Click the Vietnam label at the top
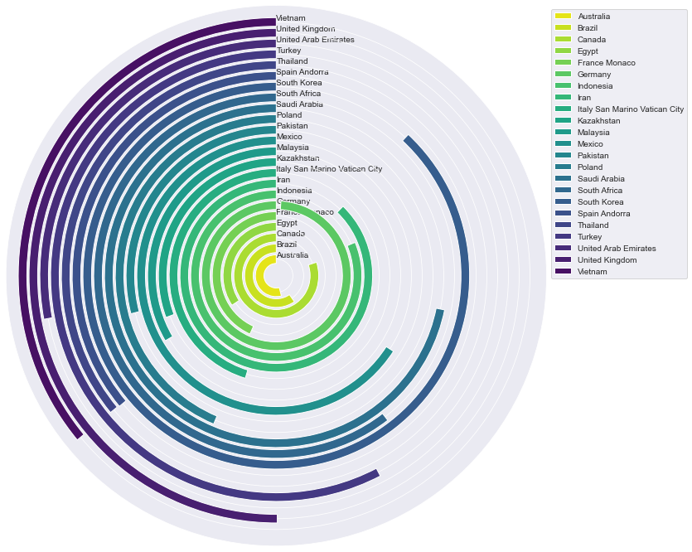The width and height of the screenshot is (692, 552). click(290, 18)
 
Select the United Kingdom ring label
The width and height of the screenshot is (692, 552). click(306, 29)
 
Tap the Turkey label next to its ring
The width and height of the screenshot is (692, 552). click(289, 51)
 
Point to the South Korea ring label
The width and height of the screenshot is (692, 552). click(298, 83)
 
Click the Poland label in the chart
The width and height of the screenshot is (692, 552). click(289, 115)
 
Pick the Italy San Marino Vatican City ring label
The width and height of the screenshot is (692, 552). click(329, 169)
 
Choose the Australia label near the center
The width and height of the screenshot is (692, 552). click(292, 255)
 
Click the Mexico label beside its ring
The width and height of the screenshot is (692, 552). click(289, 137)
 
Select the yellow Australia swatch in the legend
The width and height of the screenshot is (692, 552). click(563, 16)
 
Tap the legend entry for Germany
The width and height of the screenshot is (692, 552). click(594, 74)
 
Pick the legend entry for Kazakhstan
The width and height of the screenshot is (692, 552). click(598, 120)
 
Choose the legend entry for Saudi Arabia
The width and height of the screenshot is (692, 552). click(601, 178)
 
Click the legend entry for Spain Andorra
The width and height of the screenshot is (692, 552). click(603, 213)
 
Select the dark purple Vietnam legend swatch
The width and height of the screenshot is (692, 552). click(563, 271)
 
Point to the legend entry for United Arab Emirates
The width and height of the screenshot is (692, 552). click(617, 248)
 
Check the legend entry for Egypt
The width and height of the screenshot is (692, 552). click(590, 51)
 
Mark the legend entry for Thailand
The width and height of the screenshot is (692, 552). click(593, 225)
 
